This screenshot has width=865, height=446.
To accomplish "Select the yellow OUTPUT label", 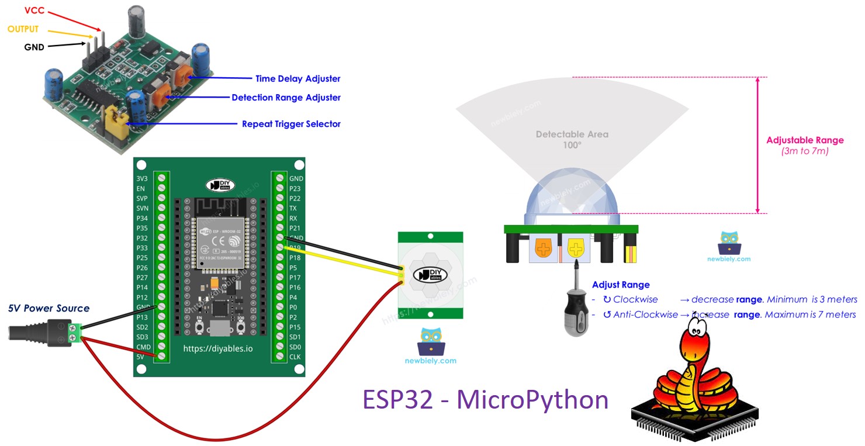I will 23,29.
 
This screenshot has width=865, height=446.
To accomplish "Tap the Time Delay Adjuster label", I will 297,78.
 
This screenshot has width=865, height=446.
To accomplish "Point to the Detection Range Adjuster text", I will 286,98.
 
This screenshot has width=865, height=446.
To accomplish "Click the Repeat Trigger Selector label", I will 291,124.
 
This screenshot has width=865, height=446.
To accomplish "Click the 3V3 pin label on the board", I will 141,178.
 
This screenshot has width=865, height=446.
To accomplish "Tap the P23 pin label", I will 295,188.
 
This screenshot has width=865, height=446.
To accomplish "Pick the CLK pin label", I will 295,357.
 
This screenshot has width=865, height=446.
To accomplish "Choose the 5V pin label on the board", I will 140,357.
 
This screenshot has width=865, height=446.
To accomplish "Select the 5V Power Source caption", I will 49,308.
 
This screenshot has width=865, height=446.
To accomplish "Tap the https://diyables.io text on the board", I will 219,349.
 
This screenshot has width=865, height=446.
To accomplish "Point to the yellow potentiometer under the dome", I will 576,249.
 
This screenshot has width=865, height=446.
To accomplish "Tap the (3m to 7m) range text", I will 805,151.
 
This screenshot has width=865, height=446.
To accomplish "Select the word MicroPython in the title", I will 532,400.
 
